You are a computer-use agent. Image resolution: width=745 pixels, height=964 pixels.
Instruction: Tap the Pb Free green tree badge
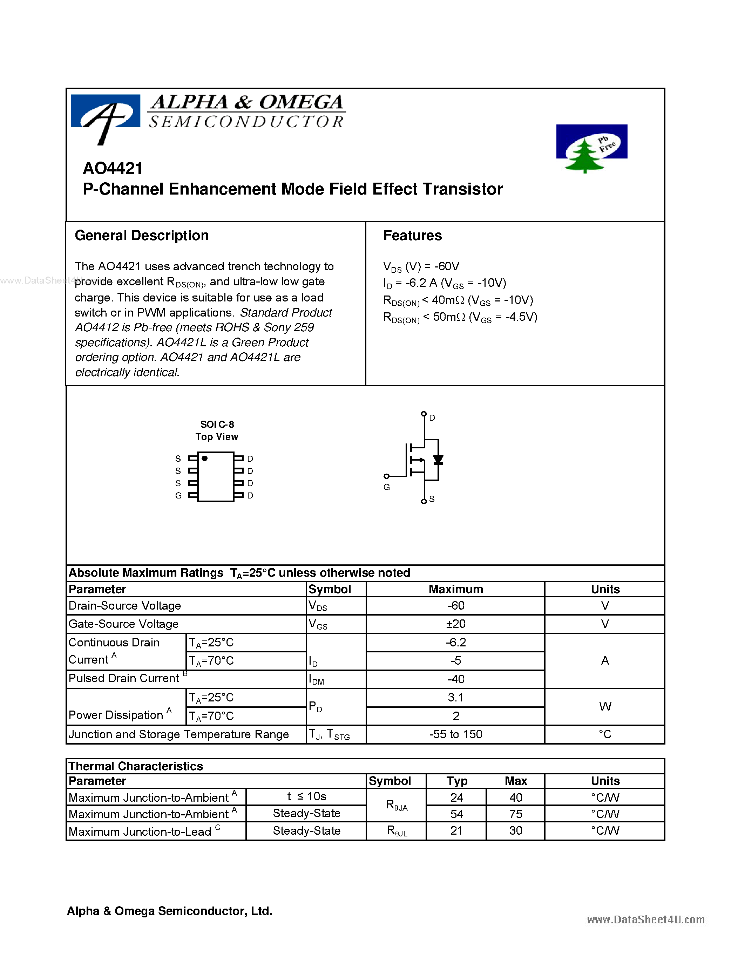pyautogui.click(x=591, y=148)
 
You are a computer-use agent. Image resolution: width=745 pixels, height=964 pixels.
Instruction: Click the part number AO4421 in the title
pyautogui.click(x=113, y=169)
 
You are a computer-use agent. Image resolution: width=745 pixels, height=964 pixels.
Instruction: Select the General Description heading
pyautogui.click(x=142, y=236)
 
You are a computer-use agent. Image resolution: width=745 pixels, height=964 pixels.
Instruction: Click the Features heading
pyautogui.click(x=412, y=236)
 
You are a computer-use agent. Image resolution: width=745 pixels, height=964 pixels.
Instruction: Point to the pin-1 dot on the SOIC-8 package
pyautogui.click(x=205, y=458)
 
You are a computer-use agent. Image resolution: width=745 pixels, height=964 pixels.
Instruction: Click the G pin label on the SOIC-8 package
pyautogui.click(x=178, y=496)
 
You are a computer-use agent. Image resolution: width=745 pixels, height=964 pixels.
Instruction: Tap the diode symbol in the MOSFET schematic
pyautogui.click(x=438, y=460)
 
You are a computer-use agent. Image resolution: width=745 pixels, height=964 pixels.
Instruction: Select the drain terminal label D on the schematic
pyautogui.click(x=432, y=417)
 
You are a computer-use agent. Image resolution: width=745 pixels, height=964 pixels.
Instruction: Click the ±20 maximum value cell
pyautogui.click(x=455, y=624)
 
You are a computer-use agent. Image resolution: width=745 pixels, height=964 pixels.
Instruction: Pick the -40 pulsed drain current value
pyautogui.click(x=455, y=679)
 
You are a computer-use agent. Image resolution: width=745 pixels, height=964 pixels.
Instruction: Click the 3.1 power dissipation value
pyautogui.click(x=455, y=697)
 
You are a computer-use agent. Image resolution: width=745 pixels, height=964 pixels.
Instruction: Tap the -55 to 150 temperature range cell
pyautogui.click(x=455, y=734)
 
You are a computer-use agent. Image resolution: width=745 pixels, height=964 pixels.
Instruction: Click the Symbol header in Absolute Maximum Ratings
pyautogui.click(x=330, y=589)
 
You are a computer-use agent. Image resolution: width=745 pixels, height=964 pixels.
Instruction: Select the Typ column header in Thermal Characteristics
pyautogui.click(x=456, y=781)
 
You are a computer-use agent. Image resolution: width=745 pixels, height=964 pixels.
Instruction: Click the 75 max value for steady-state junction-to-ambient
pyautogui.click(x=515, y=814)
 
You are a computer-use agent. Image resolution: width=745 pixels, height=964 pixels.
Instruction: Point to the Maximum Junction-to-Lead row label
pyautogui.click(x=140, y=831)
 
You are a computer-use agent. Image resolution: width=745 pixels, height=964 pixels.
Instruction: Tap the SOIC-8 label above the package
pyautogui.click(x=217, y=425)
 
